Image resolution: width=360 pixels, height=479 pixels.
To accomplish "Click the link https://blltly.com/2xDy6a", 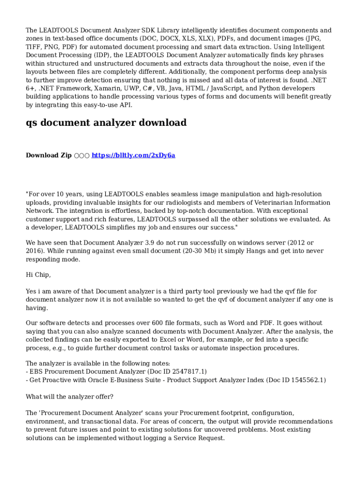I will click(133, 155).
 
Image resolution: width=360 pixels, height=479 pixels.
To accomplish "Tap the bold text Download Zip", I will click(49, 155).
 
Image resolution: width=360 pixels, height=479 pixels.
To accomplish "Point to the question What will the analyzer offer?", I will click(69, 397).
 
